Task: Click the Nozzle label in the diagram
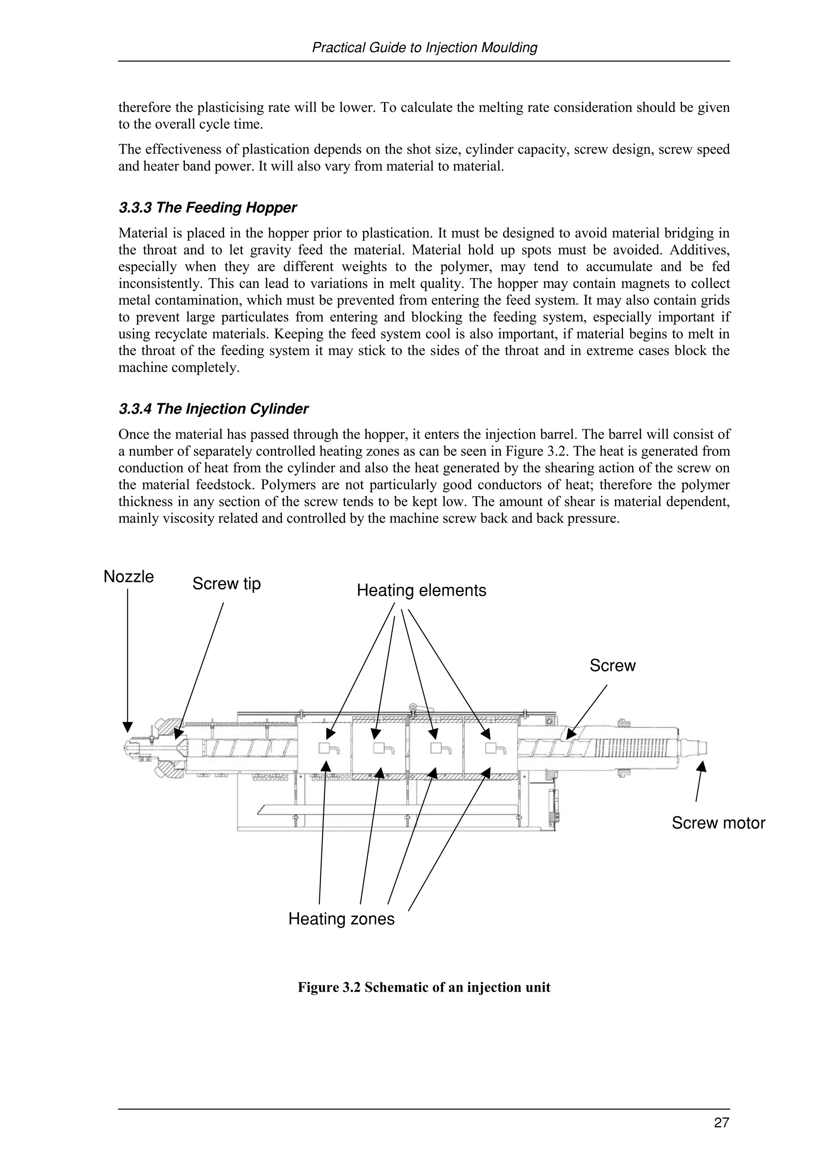pos(129,577)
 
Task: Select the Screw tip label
pos(226,583)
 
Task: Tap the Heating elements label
pos(421,591)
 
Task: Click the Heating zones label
pos(341,919)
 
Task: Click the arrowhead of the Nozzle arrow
pos(127,727)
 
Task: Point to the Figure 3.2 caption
pos(424,988)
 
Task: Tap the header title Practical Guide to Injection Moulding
pos(424,47)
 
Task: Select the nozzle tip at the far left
pos(127,749)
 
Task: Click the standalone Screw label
pos(612,666)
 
